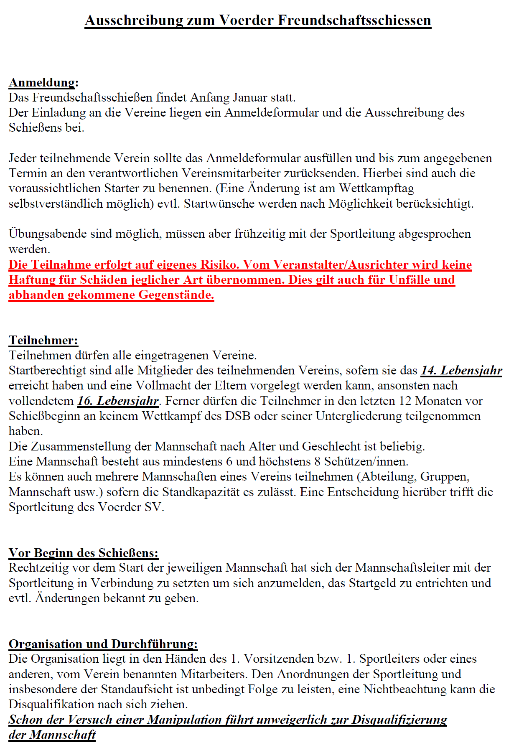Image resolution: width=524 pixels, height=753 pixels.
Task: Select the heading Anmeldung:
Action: coord(43,82)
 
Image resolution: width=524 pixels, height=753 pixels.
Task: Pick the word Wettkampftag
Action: coord(376,188)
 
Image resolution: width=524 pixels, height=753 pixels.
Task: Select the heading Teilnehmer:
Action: coord(43,340)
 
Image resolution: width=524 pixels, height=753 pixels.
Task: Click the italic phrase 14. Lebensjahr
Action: coord(461,371)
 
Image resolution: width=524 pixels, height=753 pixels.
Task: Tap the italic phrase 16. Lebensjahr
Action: coord(118,401)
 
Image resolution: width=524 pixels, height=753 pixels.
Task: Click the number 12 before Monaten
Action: coord(405,401)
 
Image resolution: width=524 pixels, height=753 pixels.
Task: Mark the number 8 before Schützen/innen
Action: coord(318,462)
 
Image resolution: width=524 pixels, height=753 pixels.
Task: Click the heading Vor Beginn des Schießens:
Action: coord(84,553)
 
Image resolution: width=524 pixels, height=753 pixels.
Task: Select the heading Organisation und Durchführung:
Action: coord(103,644)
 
